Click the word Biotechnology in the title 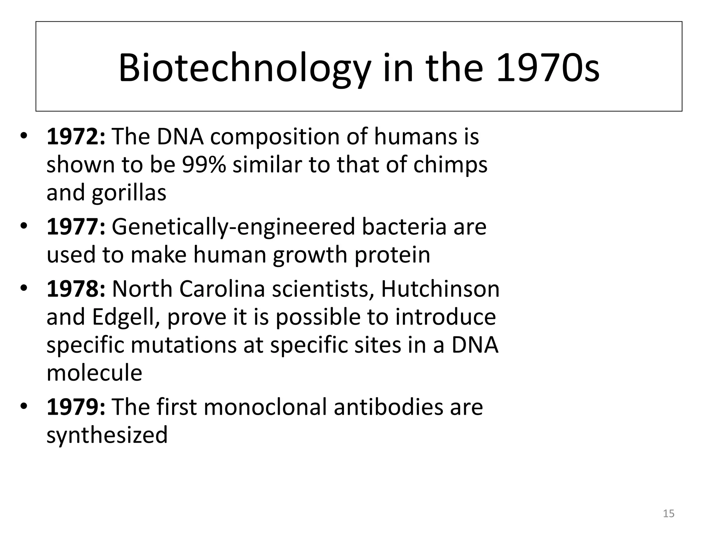(244, 68)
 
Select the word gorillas (129, 193)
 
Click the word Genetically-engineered (233, 227)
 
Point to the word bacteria (404, 227)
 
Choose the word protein (392, 255)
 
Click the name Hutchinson (440, 289)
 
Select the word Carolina (222, 289)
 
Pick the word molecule (94, 373)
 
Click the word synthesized (107, 435)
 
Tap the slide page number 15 (669, 513)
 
